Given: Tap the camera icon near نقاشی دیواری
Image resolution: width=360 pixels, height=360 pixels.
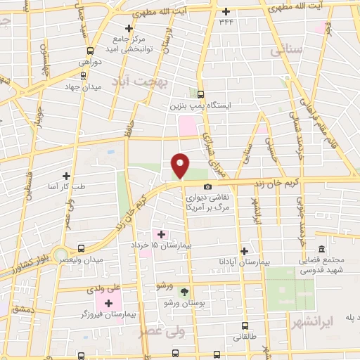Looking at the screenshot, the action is tap(207, 186).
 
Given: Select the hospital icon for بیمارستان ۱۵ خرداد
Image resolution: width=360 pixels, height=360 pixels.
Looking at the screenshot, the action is tap(161, 234).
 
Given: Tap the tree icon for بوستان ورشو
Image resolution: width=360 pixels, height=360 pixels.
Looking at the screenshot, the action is tap(185, 291).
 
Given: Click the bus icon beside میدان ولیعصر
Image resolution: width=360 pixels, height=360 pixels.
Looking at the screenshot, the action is tap(82, 248).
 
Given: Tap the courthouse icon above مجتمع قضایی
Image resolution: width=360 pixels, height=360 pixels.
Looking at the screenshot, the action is tap(321, 249).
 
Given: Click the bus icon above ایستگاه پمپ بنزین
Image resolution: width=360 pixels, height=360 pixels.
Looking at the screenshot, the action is tap(200, 94).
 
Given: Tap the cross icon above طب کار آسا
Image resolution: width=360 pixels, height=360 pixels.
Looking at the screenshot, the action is tap(67, 176).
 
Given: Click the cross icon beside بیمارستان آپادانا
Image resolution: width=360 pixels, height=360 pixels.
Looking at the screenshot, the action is tap(244, 250).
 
